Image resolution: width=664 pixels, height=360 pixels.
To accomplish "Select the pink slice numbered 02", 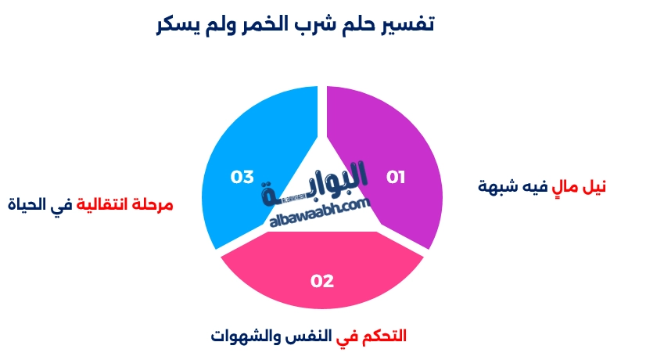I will point(322,278).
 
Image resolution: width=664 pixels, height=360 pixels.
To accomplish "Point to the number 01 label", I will point(397,177).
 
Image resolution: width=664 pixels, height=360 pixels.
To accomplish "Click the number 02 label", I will point(322,281).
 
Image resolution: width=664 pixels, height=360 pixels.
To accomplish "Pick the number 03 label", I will point(242,177).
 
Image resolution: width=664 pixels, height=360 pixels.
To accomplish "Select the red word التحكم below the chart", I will point(382,337).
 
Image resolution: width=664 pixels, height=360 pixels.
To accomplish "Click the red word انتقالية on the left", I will point(106,205).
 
